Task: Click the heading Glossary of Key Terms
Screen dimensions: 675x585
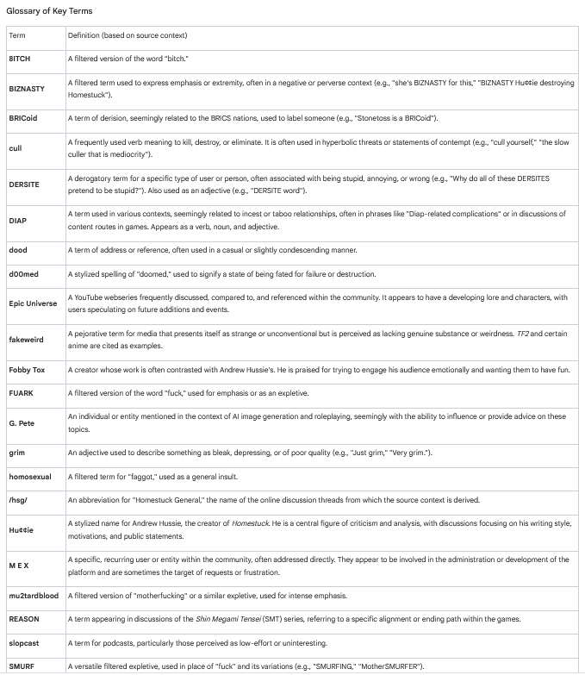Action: tap(49, 11)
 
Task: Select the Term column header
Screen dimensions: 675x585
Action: tap(16, 35)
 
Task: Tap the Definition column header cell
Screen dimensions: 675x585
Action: tap(128, 35)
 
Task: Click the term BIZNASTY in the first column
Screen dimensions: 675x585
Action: tap(27, 88)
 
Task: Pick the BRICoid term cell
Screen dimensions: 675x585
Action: tap(23, 117)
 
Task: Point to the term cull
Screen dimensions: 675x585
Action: tap(16, 147)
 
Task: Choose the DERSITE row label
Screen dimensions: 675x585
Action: tap(23, 184)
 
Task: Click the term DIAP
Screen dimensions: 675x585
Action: tap(17, 220)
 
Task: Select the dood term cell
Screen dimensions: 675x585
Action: tap(18, 250)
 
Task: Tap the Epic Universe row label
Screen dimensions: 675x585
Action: tap(34, 303)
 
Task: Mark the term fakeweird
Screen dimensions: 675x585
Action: tap(26, 340)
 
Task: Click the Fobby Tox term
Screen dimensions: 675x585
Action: tap(27, 370)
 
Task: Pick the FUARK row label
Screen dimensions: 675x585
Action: tap(21, 393)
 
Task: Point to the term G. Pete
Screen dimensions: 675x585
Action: tap(22, 422)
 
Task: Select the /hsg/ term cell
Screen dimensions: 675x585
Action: tap(18, 500)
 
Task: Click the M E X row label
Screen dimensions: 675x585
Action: tap(19, 566)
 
